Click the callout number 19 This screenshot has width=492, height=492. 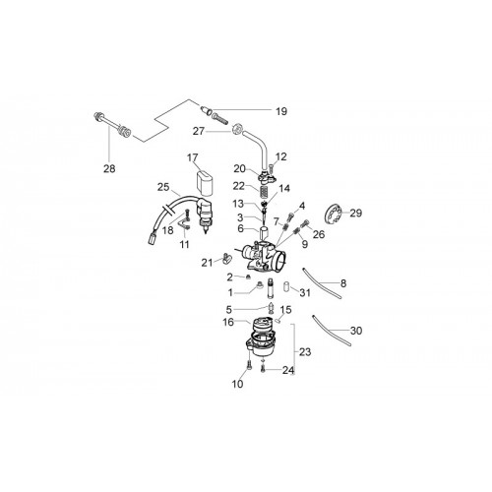pyautogui.click(x=281, y=111)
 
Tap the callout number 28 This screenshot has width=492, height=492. pyautogui.click(x=109, y=168)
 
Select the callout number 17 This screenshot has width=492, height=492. pyautogui.click(x=193, y=157)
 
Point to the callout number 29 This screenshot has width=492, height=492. pyautogui.click(x=356, y=213)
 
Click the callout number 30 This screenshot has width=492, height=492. pyautogui.click(x=356, y=331)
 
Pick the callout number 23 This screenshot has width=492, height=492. pyautogui.click(x=305, y=352)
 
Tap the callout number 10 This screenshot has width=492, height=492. pyautogui.click(x=237, y=384)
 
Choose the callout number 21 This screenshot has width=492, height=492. pyautogui.click(x=207, y=263)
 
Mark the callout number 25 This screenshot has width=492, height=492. pyautogui.click(x=163, y=187)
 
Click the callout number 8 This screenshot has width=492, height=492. pyautogui.click(x=343, y=283)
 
